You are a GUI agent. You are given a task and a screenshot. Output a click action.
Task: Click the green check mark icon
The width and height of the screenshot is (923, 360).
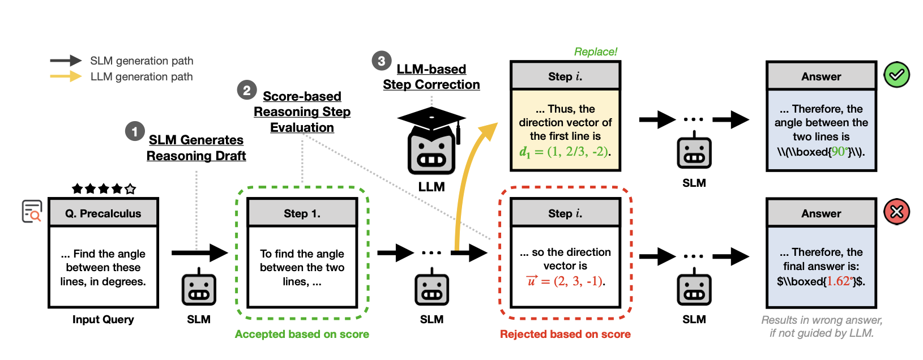click(x=896, y=75)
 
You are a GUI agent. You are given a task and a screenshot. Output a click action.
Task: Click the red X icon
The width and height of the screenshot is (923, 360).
click(x=896, y=212)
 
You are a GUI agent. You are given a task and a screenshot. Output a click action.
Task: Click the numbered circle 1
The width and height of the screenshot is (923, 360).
click(x=135, y=132)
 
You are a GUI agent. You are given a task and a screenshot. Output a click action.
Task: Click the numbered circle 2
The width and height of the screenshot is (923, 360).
click(x=247, y=90)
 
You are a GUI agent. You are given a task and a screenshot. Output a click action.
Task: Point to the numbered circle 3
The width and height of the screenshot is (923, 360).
click(x=381, y=61)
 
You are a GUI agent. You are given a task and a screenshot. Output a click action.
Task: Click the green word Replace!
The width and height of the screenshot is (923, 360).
click(x=595, y=52)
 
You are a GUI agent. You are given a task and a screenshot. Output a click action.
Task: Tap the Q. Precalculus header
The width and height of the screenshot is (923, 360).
click(x=103, y=213)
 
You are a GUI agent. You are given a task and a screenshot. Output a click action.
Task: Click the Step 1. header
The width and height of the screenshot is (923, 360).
click(x=302, y=213)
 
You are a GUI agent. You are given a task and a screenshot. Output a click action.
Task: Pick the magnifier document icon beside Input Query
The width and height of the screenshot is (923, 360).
click(x=32, y=211)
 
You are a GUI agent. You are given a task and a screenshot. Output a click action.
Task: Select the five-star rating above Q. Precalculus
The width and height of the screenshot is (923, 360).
click(x=104, y=188)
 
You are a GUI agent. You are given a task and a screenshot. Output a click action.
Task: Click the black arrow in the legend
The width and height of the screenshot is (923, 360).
click(x=66, y=61)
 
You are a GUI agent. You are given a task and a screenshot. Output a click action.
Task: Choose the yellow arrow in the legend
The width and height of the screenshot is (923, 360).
click(x=66, y=76)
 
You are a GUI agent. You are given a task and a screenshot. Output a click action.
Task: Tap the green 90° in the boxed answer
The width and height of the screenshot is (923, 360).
click(x=838, y=152)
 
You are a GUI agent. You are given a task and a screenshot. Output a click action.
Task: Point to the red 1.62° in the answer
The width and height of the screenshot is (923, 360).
click(x=838, y=281)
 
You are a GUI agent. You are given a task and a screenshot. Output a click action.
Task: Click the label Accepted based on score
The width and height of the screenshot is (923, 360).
click(x=302, y=334)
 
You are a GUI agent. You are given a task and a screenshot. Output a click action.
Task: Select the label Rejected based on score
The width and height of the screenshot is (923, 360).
click(x=565, y=334)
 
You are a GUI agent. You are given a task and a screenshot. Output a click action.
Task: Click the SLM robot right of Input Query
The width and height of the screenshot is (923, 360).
click(x=199, y=289)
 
